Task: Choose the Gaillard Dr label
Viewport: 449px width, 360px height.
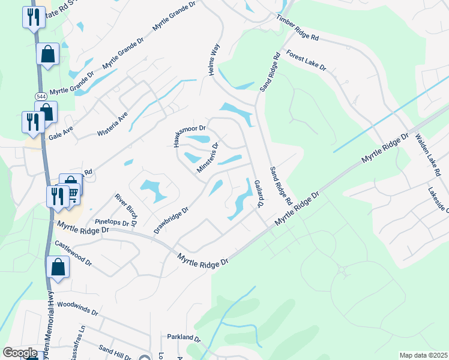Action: [x=258, y=193]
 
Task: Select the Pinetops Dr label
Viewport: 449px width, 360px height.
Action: [x=112, y=222]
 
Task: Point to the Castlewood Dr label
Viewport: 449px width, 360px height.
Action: [x=73, y=253]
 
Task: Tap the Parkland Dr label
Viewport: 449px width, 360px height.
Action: [x=182, y=337]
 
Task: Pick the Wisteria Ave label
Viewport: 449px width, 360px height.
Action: [x=113, y=124]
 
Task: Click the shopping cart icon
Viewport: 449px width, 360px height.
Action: [x=73, y=193]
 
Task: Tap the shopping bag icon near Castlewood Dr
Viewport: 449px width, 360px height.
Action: [x=58, y=268]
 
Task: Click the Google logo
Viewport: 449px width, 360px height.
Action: [x=20, y=353]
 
